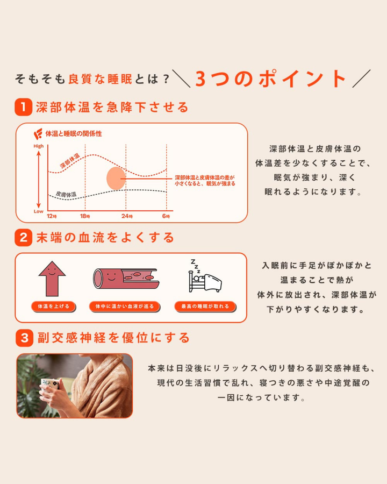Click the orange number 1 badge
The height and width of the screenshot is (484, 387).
point(23,106)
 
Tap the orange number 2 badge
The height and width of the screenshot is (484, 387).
point(23,237)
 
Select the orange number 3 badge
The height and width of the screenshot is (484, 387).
point(23,338)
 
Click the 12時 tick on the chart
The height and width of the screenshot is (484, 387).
point(51,216)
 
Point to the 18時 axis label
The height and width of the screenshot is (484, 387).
point(85,216)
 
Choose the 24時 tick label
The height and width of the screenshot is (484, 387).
point(126,216)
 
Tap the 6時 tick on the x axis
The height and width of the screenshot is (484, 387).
point(167,216)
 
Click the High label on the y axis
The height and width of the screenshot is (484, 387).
point(39,146)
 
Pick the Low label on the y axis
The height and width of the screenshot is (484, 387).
point(39,211)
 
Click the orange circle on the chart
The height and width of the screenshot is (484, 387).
point(116,178)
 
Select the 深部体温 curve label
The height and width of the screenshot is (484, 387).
point(70,161)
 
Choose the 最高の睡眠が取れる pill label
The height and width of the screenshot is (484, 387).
point(205,307)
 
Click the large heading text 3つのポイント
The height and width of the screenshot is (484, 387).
point(270,79)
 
